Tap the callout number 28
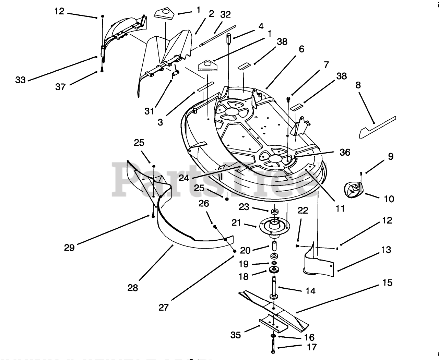[x=132, y=288]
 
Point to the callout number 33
[x=21, y=80]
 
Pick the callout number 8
[x=358, y=85]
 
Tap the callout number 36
[x=345, y=152]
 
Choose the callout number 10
[x=389, y=199]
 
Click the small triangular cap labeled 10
[x=353, y=190]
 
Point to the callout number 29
[x=69, y=248]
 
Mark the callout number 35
[x=236, y=335]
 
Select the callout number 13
[x=386, y=250]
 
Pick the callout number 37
[x=60, y=87]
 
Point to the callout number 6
[x=301, y=49]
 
